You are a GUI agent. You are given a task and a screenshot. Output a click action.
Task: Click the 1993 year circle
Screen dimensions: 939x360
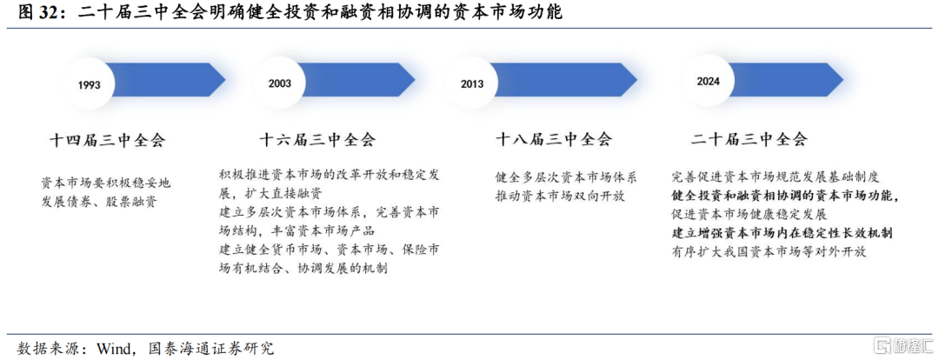[x=89, y=83]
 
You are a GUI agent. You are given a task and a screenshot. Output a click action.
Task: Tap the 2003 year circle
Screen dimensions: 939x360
[x=280, y=83]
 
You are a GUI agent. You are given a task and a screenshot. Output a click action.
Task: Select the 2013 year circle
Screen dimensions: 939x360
[x=472, y=83]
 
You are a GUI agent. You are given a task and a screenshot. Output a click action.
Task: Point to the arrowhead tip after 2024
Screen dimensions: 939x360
[x=843, y=79]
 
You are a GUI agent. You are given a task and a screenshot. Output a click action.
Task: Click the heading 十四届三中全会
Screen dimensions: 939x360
[x=107, y=141]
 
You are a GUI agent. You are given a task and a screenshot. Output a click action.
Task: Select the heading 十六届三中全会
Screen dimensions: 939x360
[x=317, y=140]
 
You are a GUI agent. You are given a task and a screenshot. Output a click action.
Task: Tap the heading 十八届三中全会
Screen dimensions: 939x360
[x=554, y=140]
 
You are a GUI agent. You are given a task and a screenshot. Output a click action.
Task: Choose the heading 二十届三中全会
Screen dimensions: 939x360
[x=749, y=140]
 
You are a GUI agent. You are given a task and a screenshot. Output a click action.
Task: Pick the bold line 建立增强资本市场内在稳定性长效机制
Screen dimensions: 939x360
[x=782, y=232]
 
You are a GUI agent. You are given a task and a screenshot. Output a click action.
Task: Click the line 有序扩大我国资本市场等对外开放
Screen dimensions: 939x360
[x=769, y=251]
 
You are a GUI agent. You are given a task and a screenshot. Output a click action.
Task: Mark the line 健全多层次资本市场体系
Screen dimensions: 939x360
[x=566, y=177]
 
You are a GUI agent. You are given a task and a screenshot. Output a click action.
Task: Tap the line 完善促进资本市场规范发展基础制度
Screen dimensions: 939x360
[x=776, y=177]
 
